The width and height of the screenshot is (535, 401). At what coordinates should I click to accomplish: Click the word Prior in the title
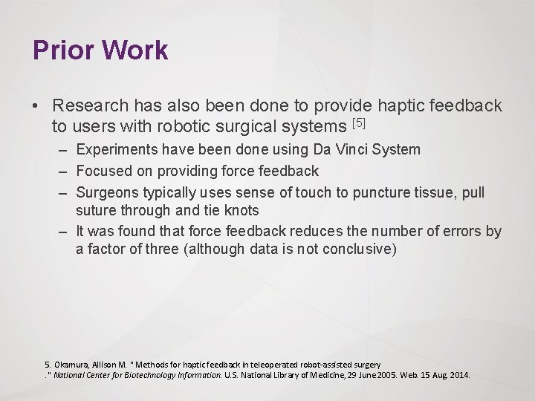(62, 50)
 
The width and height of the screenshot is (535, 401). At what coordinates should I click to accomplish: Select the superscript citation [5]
(360, 122)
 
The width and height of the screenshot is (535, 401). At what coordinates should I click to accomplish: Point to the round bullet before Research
(36, 107)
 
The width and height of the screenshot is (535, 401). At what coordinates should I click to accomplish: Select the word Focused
(103, 171)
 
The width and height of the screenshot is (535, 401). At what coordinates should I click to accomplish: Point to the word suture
(96, 210)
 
